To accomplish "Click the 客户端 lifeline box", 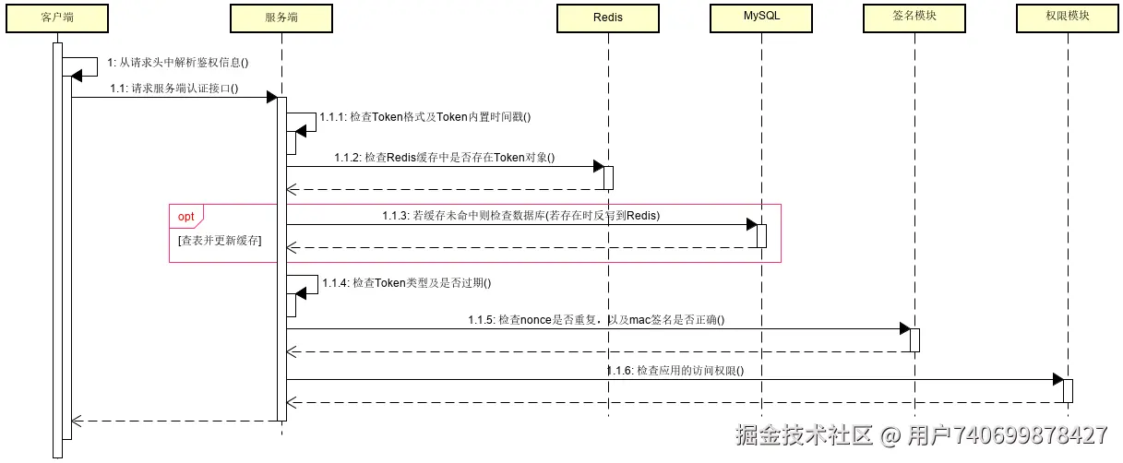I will tap(57, 18).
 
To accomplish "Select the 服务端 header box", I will tap(281, 18).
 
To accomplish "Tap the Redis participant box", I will tap(608, 18).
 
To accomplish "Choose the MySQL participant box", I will tap(761, 18).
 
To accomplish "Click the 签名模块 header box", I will tap(914, 18).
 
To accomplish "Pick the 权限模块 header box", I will tap(1067, 18).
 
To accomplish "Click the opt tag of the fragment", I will tap(185, 216).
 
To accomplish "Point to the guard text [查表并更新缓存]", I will tap(220, 240).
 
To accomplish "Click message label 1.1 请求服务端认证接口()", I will tap(174, 89).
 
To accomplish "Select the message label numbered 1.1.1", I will tap(425, 117).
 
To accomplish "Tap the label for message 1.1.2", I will tap(444, 157).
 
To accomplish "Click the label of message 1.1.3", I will tap(520, 215).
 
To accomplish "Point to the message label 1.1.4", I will tap(406, 283).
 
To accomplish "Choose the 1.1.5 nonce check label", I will tap(595, 320).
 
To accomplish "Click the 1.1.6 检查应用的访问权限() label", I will tap(675, 370).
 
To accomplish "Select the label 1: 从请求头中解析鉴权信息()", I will tap(179, 63).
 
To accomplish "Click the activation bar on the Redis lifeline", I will tap(608, 177).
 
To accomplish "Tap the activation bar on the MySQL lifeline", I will tap(761, 235).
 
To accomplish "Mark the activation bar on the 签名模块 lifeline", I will tap(914, 339).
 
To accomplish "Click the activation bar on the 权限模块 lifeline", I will tap(1068, 390).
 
